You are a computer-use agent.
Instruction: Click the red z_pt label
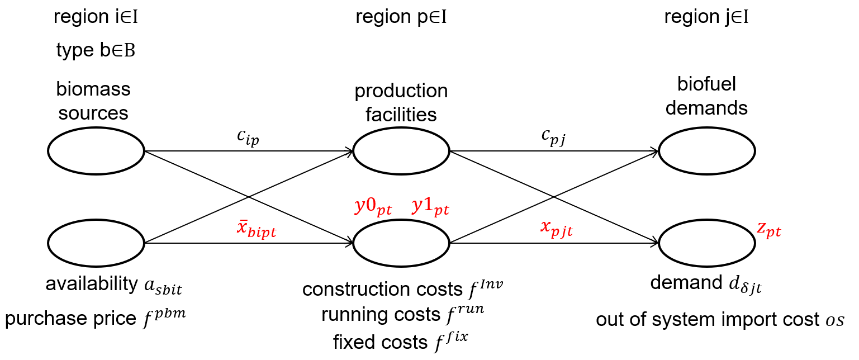coord(769,230)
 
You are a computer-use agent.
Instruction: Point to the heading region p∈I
coord(401,18)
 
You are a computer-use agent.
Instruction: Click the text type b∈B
coord(96,51)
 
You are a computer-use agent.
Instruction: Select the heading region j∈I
coord(706,18)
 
